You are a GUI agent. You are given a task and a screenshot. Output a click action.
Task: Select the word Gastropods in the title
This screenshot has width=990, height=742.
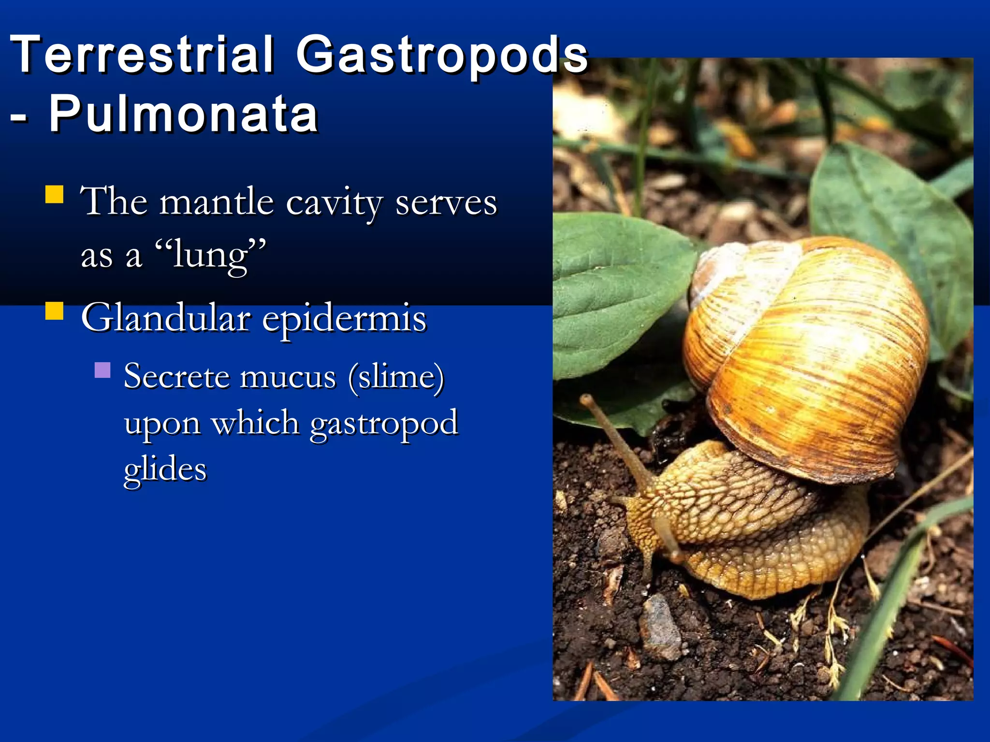coord(442,56)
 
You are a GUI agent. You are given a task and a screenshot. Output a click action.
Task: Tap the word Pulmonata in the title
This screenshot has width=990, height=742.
coord(184,114)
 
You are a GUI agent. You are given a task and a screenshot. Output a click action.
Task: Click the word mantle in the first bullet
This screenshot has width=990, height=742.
coord(216,202)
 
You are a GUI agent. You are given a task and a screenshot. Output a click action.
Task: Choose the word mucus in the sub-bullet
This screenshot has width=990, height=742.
coord(288,377)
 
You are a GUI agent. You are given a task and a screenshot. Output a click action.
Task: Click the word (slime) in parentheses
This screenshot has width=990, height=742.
coord(396,377)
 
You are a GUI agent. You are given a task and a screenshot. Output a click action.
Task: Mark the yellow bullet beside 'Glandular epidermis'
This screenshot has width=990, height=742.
coord(54,311)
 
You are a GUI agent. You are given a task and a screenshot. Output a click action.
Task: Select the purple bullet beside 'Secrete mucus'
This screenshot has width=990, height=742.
coord(102,370)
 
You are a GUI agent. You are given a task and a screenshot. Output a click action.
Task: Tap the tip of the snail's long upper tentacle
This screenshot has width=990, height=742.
coord(586,399)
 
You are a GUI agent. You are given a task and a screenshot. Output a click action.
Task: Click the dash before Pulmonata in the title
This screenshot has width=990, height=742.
coord(18,118)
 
